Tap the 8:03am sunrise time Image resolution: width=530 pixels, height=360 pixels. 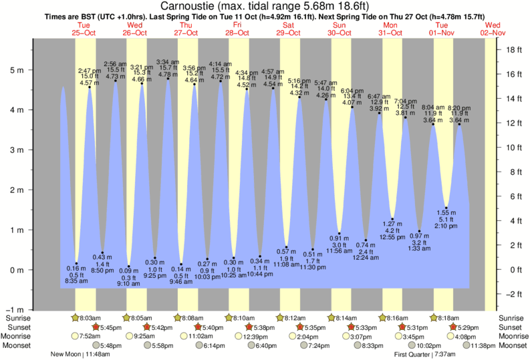click(x=90, y=319)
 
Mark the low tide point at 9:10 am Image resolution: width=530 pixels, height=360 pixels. click(x=128, y=266)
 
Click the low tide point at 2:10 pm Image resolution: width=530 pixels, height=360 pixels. click(x=446, y=208)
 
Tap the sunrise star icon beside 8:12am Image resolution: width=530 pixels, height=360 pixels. click(x=281, y=318)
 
